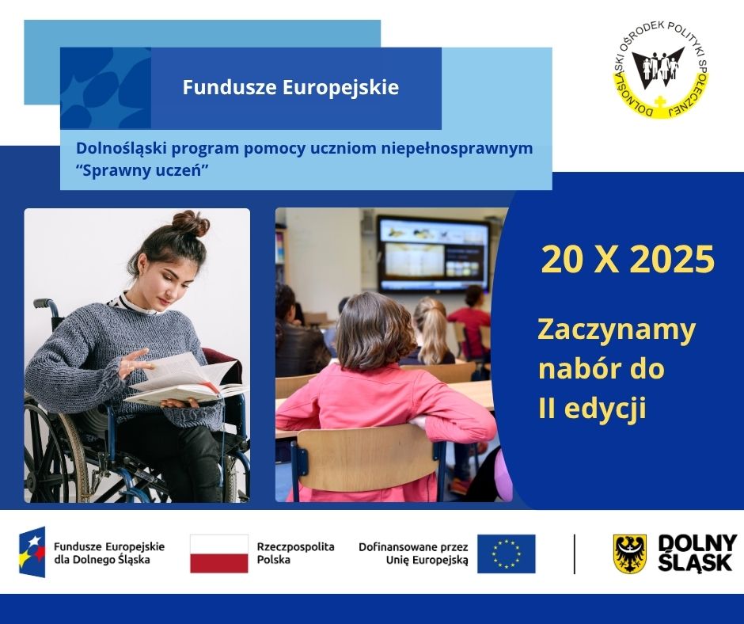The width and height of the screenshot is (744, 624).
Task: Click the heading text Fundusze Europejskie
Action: click(290, 87)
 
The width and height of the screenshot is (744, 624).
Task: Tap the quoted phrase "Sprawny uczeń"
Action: click(147, 170)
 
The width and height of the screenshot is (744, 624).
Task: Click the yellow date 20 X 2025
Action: click(628, 260)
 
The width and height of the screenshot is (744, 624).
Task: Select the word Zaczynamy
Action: click(617, 329)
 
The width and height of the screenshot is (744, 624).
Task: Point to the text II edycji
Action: click(592, 409)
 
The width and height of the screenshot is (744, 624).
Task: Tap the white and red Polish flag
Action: click(219, 554)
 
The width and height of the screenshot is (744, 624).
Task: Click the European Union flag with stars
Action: click(506, 554)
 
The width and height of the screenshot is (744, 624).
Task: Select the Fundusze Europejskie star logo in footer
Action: click(32, 552)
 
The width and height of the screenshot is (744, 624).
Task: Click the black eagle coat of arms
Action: click(629, 554)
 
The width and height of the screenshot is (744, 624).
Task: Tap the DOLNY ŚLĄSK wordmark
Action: click(697, 553)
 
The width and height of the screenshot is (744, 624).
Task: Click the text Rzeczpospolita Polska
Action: click(295, 553)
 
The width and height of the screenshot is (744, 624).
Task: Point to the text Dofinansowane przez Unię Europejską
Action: click(413, 553)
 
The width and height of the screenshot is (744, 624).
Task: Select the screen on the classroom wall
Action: click(433, 254)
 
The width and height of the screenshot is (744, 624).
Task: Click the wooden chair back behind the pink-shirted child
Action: click(369, 458)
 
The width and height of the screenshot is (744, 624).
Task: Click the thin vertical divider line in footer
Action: click(575, 554)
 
